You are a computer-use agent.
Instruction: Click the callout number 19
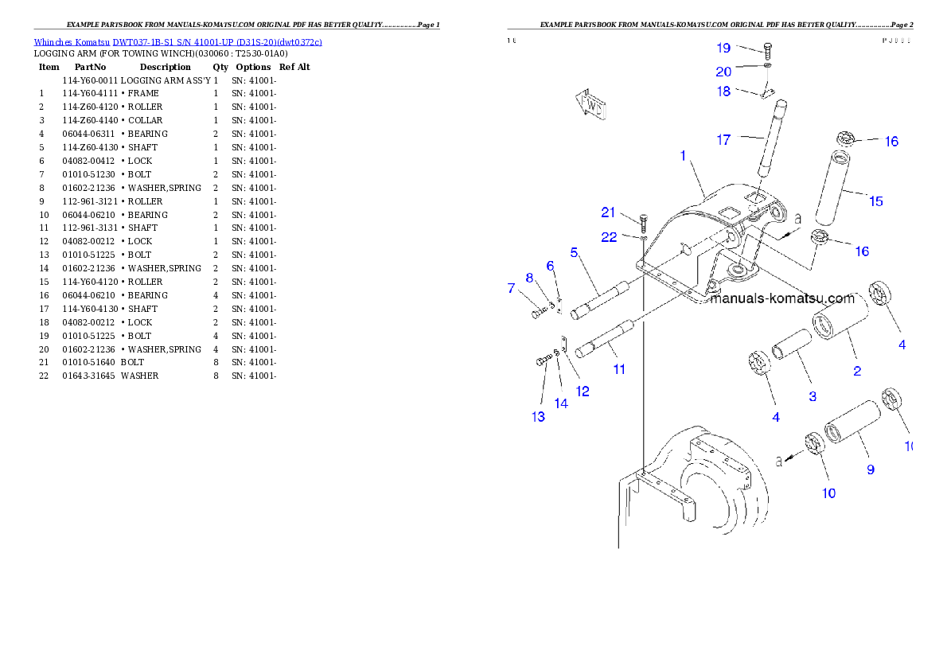pos(723,48)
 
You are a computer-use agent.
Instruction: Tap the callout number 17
pos(723,140)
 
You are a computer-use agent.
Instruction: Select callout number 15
pos(875,201)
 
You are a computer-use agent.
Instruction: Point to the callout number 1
pos(683,156)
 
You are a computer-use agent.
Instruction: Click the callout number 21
pos(609,212)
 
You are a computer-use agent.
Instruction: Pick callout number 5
pos(573,253)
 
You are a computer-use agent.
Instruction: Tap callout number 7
pos(512,288)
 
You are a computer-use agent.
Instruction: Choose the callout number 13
pos(539,416)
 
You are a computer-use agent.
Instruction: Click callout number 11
pos(619,369)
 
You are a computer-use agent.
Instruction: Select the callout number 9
pos(871,469)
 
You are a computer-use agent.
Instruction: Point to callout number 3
pos(813,396)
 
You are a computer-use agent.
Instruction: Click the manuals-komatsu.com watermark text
pos(782,299)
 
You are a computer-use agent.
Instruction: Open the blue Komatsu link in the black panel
pos(177,42)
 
